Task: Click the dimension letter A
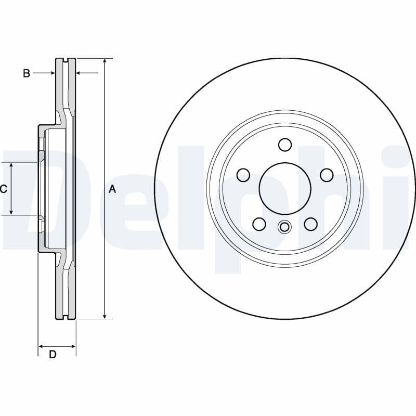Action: point(112,190)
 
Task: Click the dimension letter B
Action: point(27,73)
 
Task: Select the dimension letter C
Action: point(4,189)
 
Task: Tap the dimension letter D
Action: point(53,355)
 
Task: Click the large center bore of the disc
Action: point(285,189)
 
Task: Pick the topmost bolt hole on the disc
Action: point(285,145)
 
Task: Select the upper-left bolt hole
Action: point(243,175)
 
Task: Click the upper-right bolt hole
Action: point(327,175)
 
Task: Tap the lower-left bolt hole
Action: point(259,224)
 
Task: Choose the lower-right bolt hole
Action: point(310,224)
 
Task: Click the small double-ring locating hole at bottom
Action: point(284,227)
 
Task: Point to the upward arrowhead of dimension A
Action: point(105,61)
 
